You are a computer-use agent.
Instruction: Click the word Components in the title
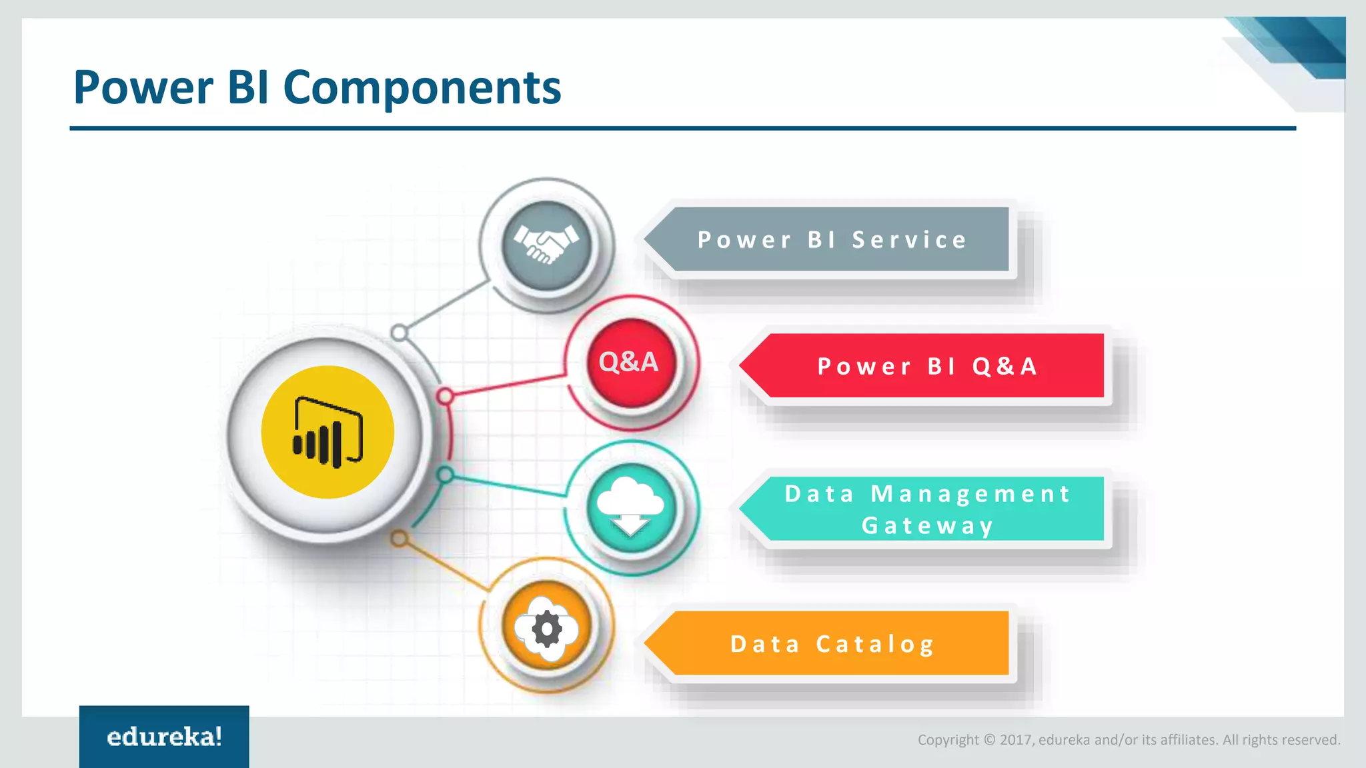(422, 88)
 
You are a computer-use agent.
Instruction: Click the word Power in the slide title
(143, 87)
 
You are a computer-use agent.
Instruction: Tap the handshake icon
(546, 245)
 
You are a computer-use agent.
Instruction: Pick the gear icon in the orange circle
(547, 629)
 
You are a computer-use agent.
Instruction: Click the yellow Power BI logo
(327, 432)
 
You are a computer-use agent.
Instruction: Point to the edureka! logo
(164, 737)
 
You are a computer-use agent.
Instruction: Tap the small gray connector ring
(400, 332)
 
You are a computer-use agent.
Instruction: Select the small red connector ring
(445, 397)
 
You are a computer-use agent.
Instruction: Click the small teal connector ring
(445, 475)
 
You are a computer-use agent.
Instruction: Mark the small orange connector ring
(399, 538)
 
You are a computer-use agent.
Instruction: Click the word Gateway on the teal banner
(927, 526)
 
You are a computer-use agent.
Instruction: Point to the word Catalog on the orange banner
(875, 645)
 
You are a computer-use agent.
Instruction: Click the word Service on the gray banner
(909, 240)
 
